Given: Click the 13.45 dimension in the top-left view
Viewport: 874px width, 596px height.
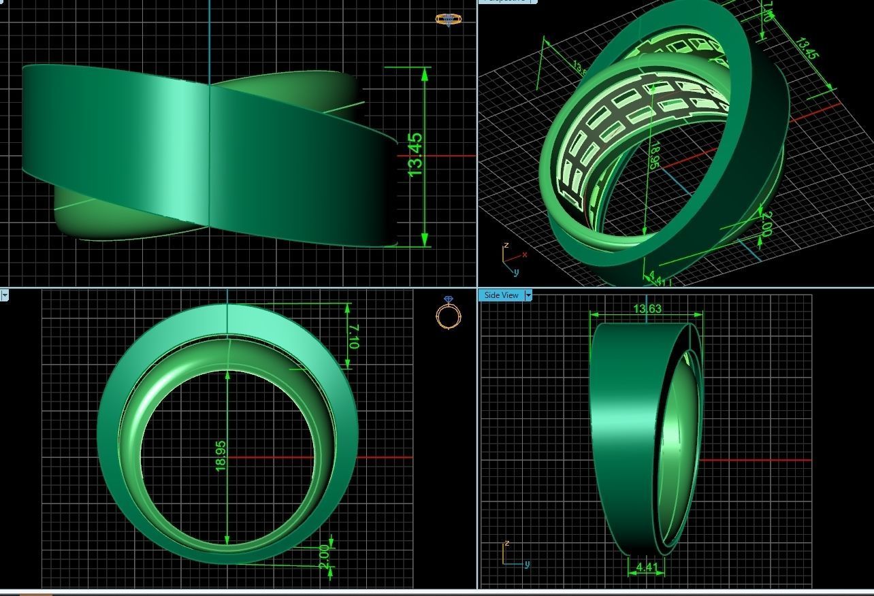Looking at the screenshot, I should click(415, 156).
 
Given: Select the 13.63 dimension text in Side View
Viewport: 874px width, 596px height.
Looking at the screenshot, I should click(647, 308).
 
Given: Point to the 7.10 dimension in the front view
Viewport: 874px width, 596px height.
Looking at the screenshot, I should click(353, 336).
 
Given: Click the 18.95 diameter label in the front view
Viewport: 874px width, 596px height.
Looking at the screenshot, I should click(221, 456).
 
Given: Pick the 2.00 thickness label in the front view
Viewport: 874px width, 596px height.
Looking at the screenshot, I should click(325, 556).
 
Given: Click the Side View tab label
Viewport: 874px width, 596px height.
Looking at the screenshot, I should click(501, 295).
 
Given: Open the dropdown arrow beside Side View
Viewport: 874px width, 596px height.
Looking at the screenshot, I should click(528, 295).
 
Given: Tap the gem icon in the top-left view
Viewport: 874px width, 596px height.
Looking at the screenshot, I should click(447, 20).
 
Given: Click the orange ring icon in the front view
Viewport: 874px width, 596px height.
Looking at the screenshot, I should click(449, 314).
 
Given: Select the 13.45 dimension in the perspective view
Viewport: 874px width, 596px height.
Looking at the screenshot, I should click(807, 48).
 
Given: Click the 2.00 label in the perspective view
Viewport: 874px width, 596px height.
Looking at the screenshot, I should click(766, 224).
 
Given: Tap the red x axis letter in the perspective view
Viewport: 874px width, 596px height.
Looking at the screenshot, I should click(525, 255).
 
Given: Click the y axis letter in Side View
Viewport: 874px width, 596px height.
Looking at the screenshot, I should click(527, 564).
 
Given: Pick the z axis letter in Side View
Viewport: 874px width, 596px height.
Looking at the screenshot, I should click(506, 544).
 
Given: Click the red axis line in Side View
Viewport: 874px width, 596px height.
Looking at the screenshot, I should click(756, 461).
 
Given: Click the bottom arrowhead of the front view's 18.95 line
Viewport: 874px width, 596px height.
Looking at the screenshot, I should click(227, 540).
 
